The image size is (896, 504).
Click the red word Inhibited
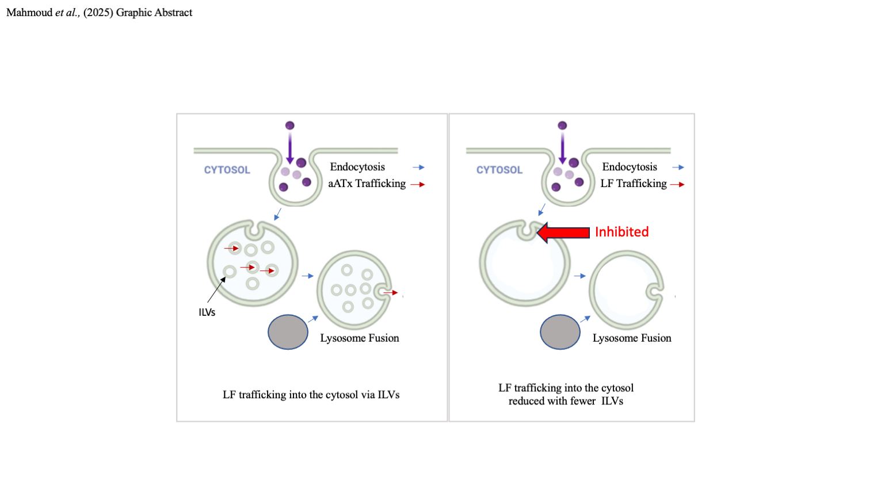pyautogui.click(x=622, y=232)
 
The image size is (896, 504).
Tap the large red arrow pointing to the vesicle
pyautogui.click(x=563, y=232)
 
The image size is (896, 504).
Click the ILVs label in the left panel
pyautogui.click(x=207, y=312)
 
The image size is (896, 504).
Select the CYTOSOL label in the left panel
pyautogui.click(x=227, y=170)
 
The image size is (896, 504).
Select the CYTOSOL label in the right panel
pyautogui.click(x=499, y=170)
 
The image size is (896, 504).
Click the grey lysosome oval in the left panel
pyautogui.click(x=288, y=332)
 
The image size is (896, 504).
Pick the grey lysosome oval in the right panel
pyautogui.click(x=560, y=332)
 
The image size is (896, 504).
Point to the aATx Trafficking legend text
pyautogui.click(x=367, y=184)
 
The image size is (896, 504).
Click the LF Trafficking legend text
pyautogui.click(x=633, y=184)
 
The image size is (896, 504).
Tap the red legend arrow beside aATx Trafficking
pyautogui.click(x=418, y=185)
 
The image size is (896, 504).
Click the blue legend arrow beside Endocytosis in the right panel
pyautogui.click(x=678, y=167)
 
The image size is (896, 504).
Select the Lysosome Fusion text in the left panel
pyautogui.click(x=359, y=338)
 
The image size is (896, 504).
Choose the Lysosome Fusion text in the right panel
pyautogui.click(x=631, y=338)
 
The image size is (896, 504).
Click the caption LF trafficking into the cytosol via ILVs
pyautogui.click(x=311, y=395)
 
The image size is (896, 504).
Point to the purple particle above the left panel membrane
pyautogui.click(x=289, y=125)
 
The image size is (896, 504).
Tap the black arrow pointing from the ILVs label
pyautogui.click(x=216, y=289)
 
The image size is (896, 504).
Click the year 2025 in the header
pyautogui.click(x=98, y=13)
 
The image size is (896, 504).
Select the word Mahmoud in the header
pyautogui.click(x=29, y=13)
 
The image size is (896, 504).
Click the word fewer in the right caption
pyautogui.click(x=584, y=401)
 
